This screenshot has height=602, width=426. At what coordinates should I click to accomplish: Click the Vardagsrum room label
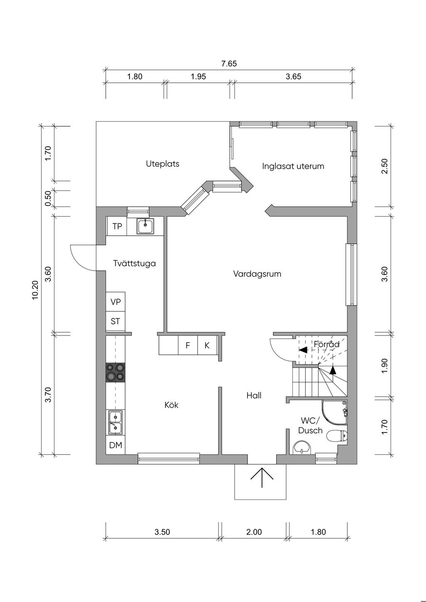tap(257, 274)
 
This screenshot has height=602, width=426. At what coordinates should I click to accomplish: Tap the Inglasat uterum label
tap(293, 166)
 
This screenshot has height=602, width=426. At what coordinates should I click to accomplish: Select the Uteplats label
tap(163, 164)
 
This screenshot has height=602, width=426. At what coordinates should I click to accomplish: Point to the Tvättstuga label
tap(134, 263)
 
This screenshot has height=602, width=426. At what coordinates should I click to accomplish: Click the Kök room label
tap(171, 405)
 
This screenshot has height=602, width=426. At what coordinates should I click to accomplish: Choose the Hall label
tap(254, 395)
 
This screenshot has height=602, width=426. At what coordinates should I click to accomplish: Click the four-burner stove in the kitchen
tap(116, 372)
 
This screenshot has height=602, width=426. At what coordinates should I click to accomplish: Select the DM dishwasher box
tap(116, 445)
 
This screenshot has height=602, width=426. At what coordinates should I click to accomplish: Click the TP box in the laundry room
tap(117, 226)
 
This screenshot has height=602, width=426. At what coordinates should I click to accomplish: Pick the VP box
tap(116, 302)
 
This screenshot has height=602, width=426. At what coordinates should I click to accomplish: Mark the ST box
tap(116, 321)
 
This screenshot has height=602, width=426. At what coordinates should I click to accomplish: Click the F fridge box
tap(188, 345)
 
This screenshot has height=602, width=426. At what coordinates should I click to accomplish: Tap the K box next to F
tap(207, 345)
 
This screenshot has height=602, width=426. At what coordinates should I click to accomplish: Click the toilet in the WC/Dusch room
tap(337, 436)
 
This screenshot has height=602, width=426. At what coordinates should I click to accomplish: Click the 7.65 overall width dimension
tap(229, 64)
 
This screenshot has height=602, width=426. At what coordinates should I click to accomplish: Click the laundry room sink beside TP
tap(145, 227)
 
